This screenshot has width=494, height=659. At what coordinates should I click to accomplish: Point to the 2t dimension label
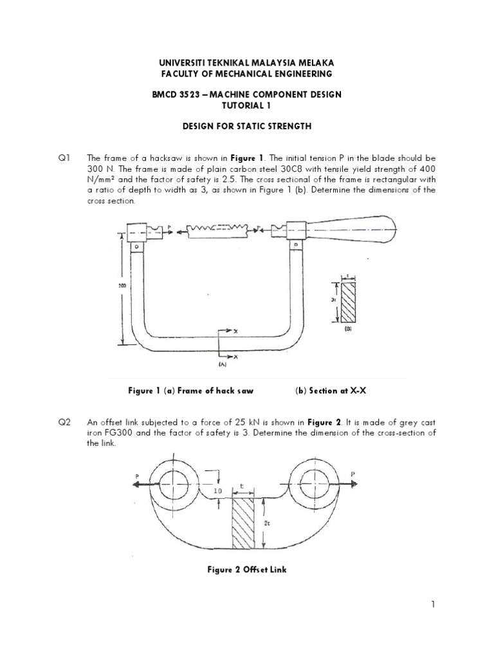coord(268,524)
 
